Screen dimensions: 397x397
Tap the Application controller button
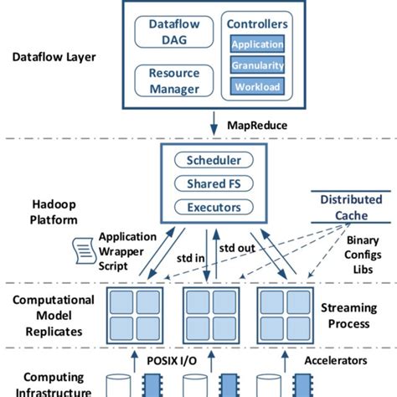[256, 44]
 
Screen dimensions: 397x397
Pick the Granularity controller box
[256, 64]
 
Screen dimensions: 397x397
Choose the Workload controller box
[256, 85]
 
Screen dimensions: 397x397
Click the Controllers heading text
[256, 25]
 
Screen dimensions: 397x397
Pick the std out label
[238, 249]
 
